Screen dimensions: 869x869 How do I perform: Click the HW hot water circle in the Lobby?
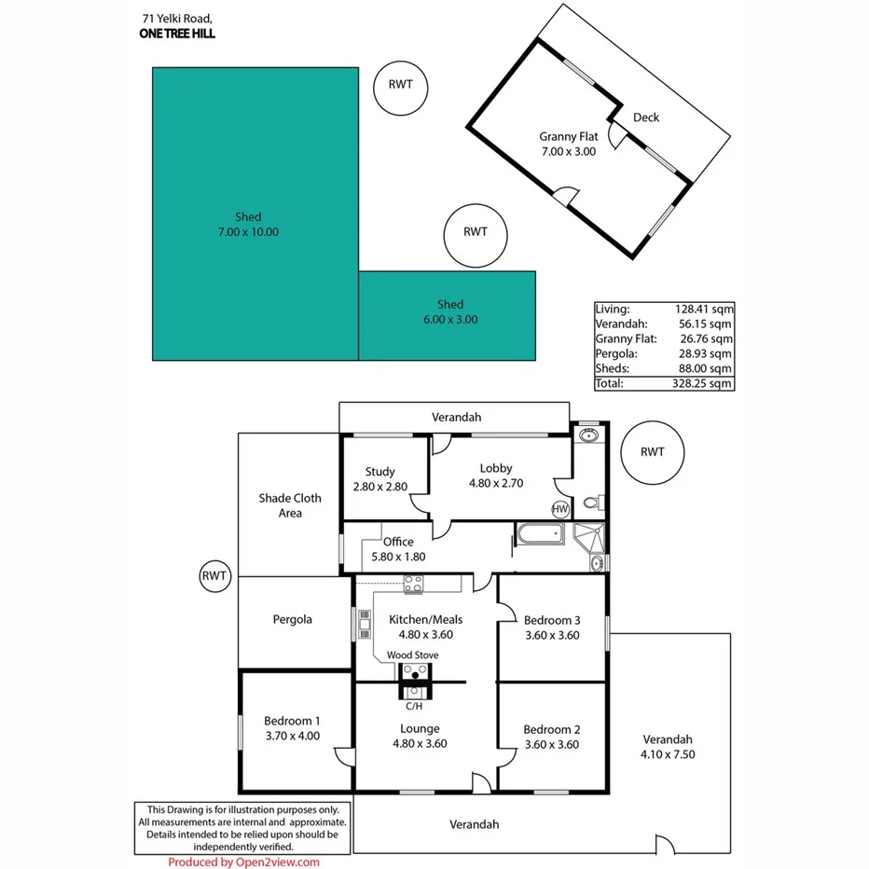click(560, 509)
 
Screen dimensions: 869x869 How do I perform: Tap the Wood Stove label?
click(412, 655)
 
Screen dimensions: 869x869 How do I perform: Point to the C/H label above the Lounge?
click(412, 706)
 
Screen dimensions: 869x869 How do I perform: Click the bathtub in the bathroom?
click(540, 534)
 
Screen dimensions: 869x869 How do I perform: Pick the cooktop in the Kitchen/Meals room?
click(412, 584)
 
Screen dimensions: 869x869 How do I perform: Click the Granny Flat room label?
click(568, 136)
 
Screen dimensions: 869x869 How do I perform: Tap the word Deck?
click(646, 117)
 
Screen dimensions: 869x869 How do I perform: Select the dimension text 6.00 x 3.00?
click(450, 320)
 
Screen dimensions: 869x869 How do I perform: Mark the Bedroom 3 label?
click(552, 620)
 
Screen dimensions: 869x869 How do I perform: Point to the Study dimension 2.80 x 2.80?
click(380, 487)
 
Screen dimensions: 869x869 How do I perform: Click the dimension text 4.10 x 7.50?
click(668, 754)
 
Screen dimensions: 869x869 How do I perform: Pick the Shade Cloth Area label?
click(290, 505)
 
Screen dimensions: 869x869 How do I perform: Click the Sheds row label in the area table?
click(612, 368)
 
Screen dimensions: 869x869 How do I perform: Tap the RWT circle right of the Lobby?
click(653, 452)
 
